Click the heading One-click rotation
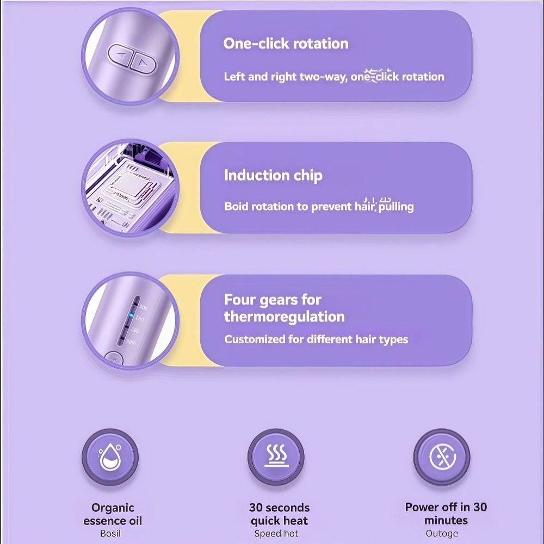[x=286, y=44]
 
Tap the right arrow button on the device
[x=144, y=61]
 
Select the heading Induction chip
[x=273, y=175]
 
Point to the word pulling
[x=396, y=207]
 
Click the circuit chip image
[x=130, y=188]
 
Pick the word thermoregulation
[x=284, y=317]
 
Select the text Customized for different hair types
[x=316, y=339]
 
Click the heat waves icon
[x=276, y=457]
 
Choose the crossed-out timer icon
[x=441, y=457]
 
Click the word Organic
[x=113, y=508]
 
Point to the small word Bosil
[x=110, y=534]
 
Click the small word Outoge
[x=442, y=534]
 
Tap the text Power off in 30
[x=446, y=507]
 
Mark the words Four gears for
[x=273, y=300]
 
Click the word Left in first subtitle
[x=234, y=77]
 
